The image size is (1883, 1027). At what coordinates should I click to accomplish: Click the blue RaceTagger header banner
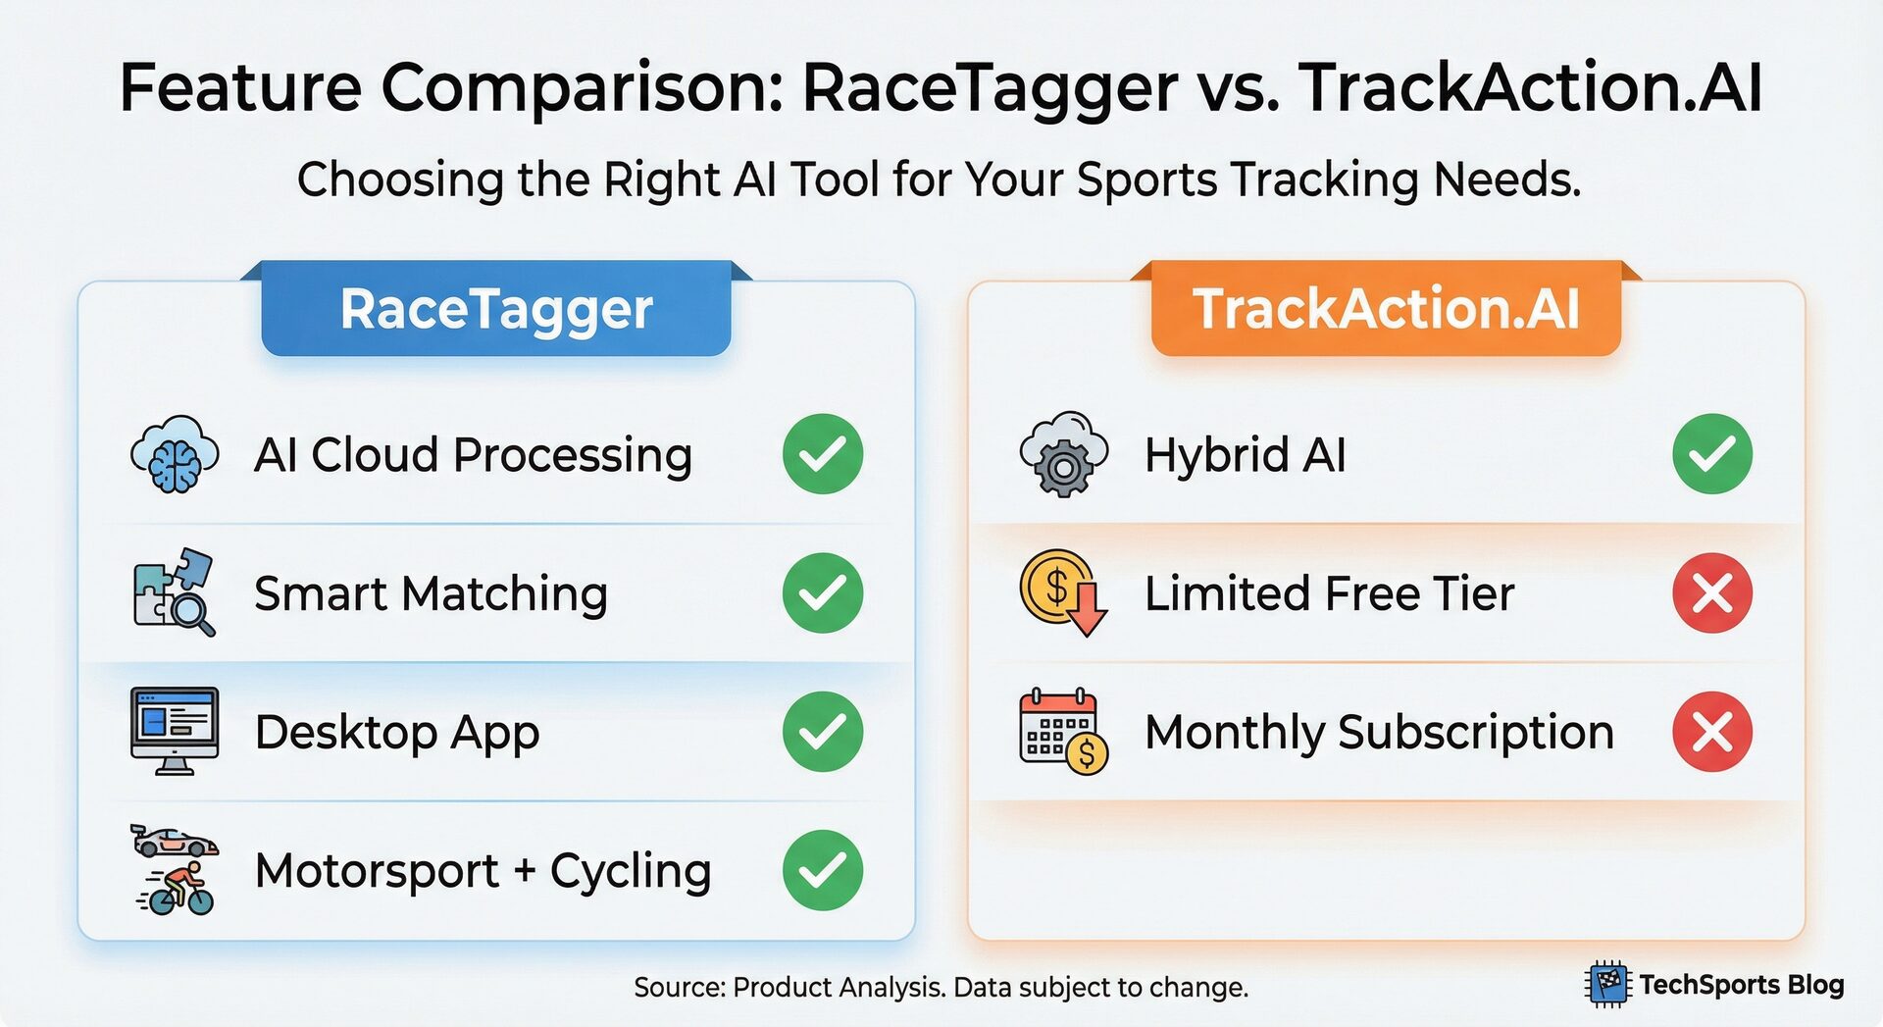click(x=496, y=310)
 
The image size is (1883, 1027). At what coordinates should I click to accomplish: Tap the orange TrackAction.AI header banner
click(x=1385, y=310)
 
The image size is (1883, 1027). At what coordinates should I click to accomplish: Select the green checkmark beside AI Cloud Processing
click(x=822, y=454)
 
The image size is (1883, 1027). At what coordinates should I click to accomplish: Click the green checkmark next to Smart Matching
click(x=822, y=592)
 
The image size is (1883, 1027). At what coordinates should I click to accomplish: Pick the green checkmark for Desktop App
click(x=822, y=731)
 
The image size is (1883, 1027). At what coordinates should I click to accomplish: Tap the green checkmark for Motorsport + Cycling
click(x=822, y=870)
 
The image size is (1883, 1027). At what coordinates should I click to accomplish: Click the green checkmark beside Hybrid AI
click(x=1711, y=454)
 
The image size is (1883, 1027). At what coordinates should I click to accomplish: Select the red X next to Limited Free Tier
click(x=1711, y=592)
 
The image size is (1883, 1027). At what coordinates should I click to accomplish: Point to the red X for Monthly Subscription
click(x=1711, y=731)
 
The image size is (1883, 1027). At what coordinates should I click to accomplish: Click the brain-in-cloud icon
click(x=175, y=454)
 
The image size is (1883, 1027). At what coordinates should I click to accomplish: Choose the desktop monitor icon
click(x=175, y=731)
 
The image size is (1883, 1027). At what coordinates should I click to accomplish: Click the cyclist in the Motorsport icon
click(x=179, y=889)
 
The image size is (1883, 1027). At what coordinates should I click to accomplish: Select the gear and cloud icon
click(x=1063, y=454)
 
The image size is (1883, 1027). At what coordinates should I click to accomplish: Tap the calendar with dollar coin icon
click(x=1063, y=731)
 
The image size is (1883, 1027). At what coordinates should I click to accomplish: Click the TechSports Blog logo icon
click(x=1606, y=984)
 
